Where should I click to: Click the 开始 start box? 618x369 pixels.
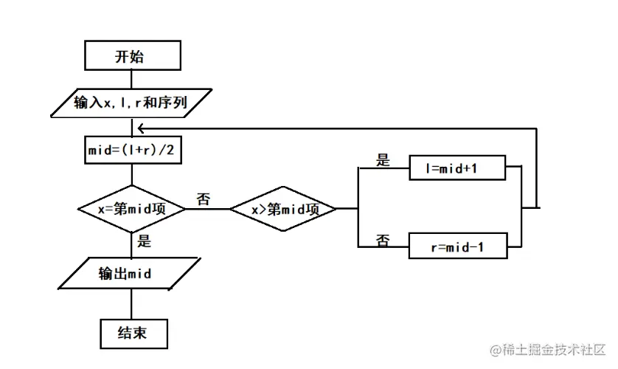[131, 56]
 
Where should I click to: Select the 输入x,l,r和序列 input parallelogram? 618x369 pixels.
[131, 103]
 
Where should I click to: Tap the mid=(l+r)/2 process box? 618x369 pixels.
[131, 151]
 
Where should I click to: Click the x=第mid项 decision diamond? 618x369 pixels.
[131, 209]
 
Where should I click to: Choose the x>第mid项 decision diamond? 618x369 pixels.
[284, 209]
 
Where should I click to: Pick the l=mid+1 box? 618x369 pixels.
[457, 168]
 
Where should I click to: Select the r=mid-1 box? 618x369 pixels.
[457, 246]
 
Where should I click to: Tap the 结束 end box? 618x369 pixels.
[131, 333]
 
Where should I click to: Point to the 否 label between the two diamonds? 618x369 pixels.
[203, 199]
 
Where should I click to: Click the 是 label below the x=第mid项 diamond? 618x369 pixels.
[145, 241]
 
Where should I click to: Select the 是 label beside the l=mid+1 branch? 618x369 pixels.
[383, 160]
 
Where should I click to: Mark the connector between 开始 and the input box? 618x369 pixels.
[131, 79]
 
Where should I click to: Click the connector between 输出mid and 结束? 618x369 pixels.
[131, 303]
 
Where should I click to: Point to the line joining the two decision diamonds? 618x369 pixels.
[208, 209]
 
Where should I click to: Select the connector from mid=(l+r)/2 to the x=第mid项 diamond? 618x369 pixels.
[131, 174]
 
